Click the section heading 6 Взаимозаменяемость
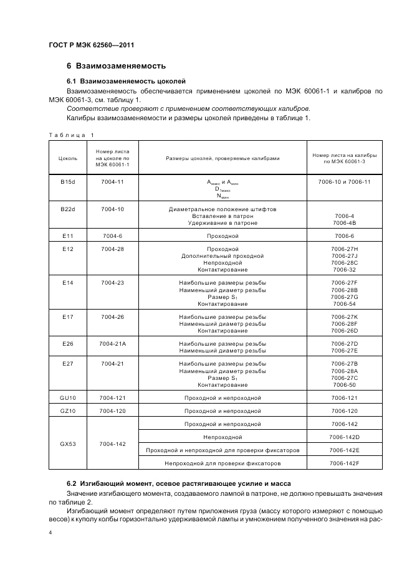click(115, 66)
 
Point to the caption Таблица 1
click(71, 135)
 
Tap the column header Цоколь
click(68, 159)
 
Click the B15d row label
click(68, 181)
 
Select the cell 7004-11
click(112, 181)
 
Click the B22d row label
click(68, 209)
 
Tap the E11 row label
click(68, 236)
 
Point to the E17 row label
click(68, 317)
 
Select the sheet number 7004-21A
click(112, 344)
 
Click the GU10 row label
click(68, 397)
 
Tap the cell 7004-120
click(112, 411)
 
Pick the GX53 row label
click(68, 443)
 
